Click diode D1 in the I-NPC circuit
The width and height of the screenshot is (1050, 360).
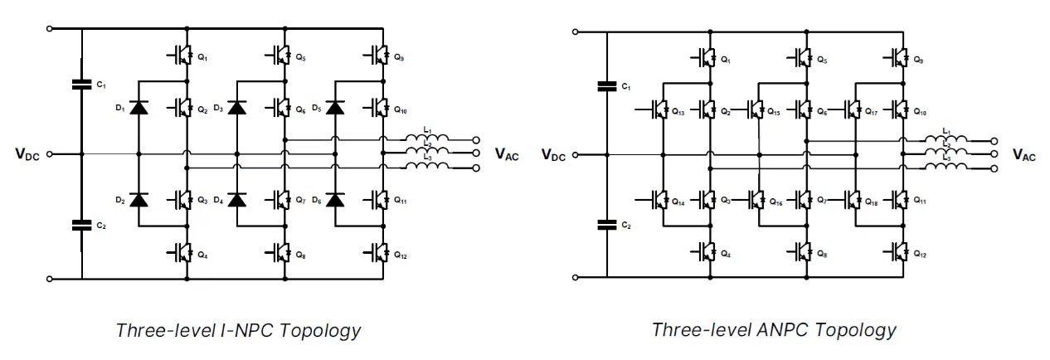point(138,109)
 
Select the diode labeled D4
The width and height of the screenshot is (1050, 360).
point(237,199)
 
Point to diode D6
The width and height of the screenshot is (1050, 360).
point(335,199)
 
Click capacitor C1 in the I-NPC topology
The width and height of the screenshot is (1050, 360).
point(81,84)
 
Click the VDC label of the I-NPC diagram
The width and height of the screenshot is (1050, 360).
point(31,153)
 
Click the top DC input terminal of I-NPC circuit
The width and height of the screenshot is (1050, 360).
point(51,28)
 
